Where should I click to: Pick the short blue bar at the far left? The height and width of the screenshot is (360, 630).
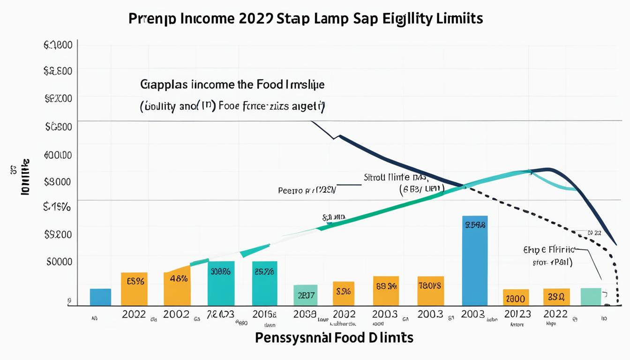(x=100, y=297)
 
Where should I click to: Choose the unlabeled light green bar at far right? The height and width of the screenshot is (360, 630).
(x=591, y=297)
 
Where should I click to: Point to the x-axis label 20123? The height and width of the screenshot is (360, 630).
(x=517, y=314)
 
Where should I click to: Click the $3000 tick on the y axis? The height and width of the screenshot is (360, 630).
(x=57, y=182)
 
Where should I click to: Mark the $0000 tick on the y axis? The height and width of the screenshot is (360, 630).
(x=59, y=262)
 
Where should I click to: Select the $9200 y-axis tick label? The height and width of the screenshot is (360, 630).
(x=58, y=234)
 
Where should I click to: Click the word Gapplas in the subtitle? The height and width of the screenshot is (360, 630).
(x=164, y=85)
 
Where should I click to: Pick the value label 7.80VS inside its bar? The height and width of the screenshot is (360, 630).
(x=430, y=285)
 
